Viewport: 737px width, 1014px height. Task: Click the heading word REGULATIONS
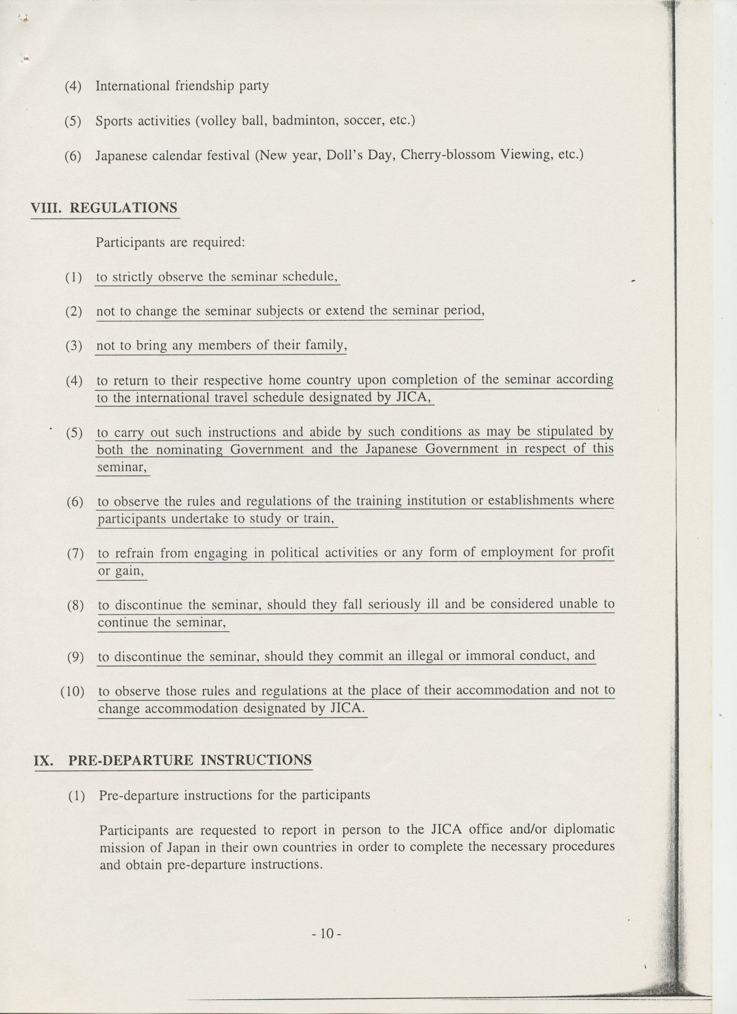(124, 208)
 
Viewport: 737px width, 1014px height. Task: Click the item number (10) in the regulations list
(73, 692)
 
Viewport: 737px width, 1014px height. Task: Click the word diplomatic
(584, 829)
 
